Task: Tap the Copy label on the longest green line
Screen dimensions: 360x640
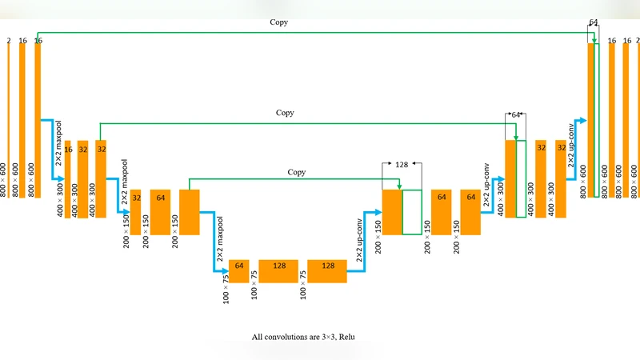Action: (278, 22)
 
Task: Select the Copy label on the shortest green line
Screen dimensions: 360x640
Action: (297, 172)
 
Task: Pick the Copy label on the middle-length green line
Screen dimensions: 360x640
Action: (285, 113)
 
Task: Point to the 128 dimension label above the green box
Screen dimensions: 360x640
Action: (402, 164)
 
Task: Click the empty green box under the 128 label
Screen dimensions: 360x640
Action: (412, 212)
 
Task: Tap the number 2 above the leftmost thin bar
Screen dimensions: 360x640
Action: (8, 39)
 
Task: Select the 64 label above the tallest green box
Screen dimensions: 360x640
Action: (594, 22)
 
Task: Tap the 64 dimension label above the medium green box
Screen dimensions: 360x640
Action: (517, 115)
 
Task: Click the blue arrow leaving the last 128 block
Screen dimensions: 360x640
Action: (356, 274)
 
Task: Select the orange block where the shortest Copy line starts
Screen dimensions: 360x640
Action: (189, 212)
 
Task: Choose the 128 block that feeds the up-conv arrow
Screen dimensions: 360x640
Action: (326, 271)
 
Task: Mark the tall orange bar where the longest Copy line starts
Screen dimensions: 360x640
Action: (38, 120)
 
